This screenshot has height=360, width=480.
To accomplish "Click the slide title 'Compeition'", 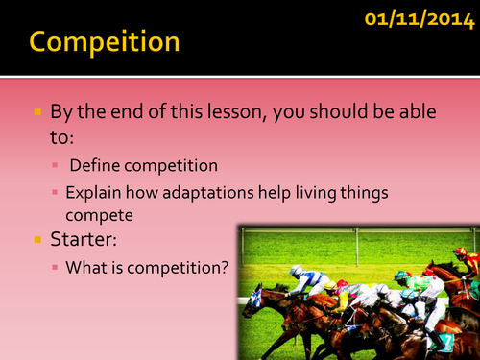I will (x=104, y=42).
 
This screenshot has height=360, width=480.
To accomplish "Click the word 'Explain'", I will (x=93, y=193).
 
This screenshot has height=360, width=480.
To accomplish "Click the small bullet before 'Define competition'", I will (x=55, y=166).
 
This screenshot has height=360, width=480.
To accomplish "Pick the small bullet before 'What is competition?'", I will (x=55, y=268).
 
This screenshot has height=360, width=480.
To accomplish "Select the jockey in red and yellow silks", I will (x=466, y=261).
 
